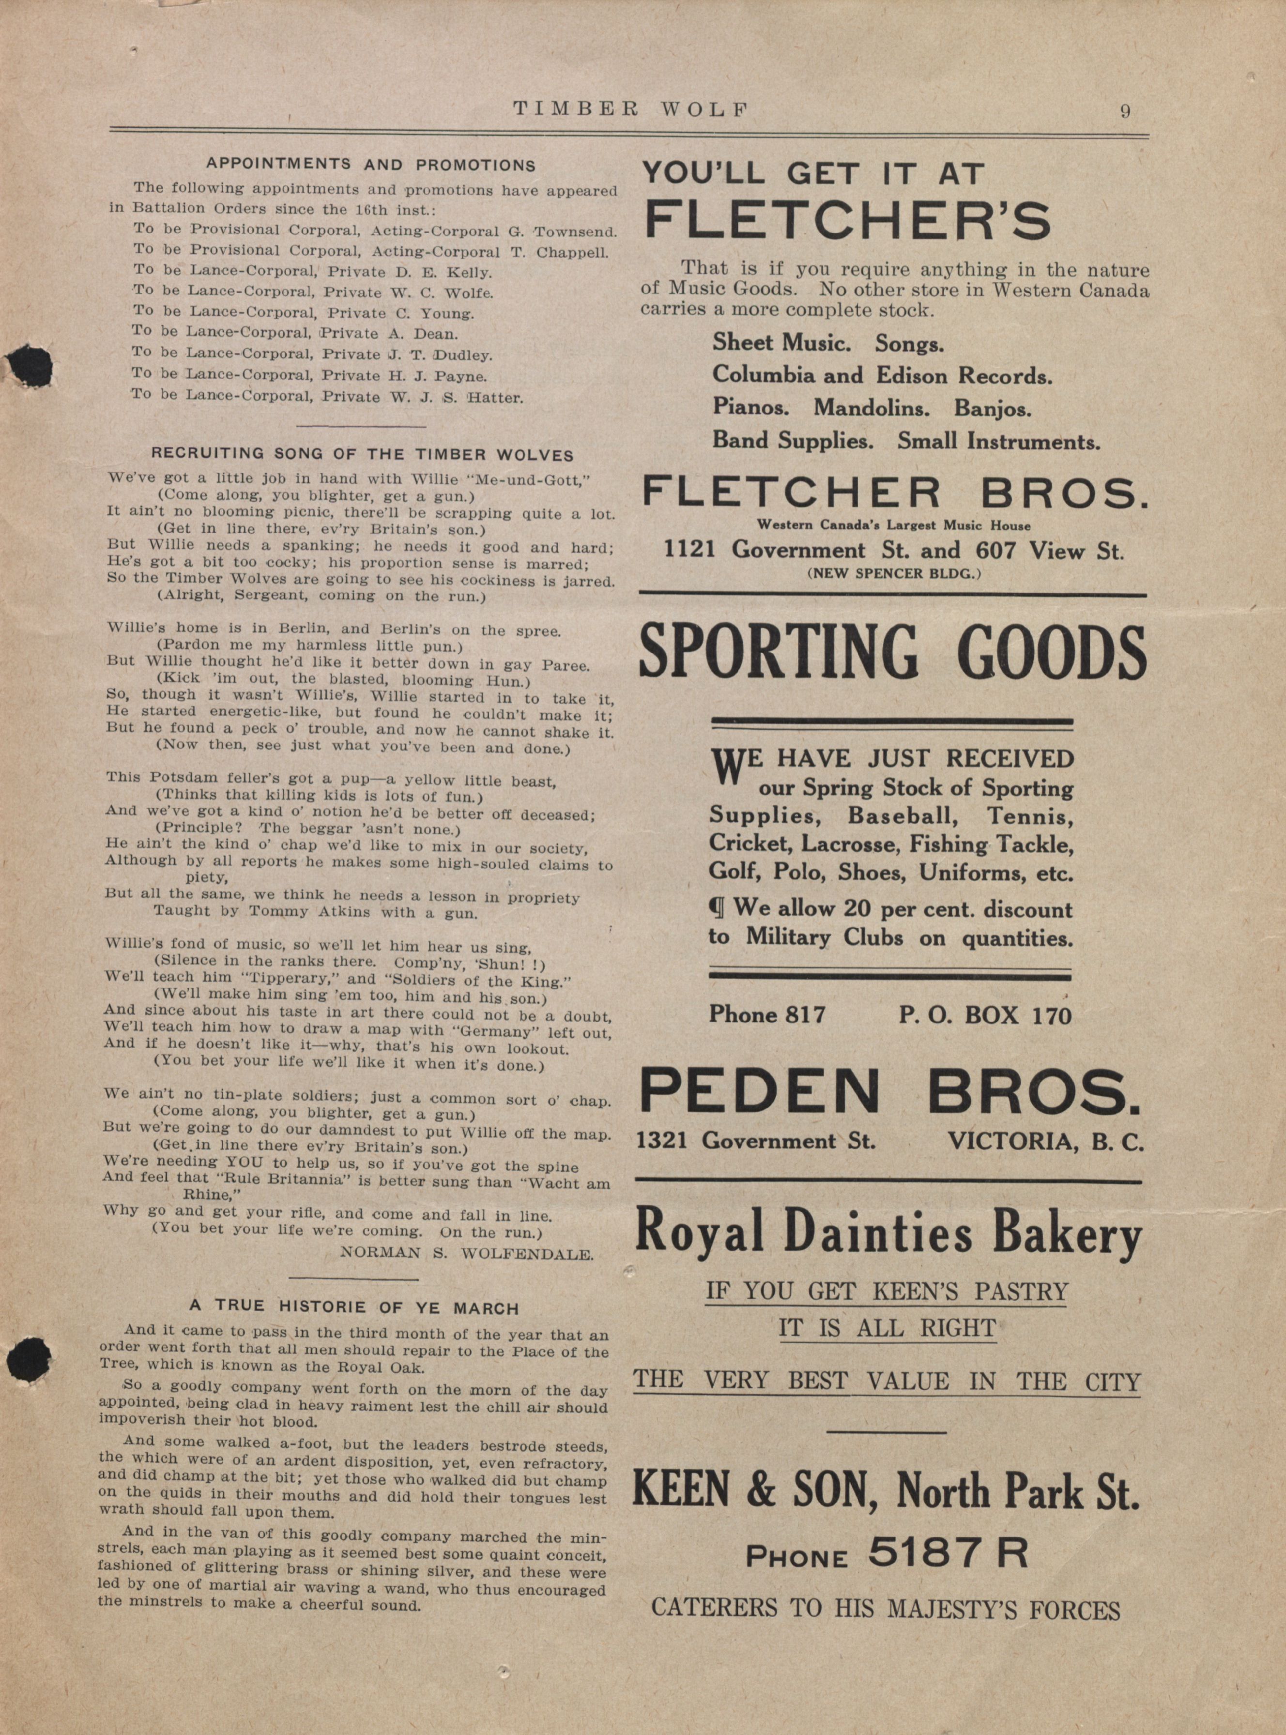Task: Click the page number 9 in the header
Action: point(1125,110)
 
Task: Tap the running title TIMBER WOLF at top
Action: point(630,110)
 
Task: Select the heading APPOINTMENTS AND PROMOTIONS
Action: point(370,165)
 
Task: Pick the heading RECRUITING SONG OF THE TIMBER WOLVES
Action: point(363,455)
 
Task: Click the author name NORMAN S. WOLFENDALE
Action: point(467,1254)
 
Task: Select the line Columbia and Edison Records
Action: point(882,375)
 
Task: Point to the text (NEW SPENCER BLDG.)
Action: point(894,574)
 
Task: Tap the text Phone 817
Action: point(767,1015)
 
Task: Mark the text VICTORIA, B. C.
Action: point(1045,1142)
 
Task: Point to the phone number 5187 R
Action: point(948,1553)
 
